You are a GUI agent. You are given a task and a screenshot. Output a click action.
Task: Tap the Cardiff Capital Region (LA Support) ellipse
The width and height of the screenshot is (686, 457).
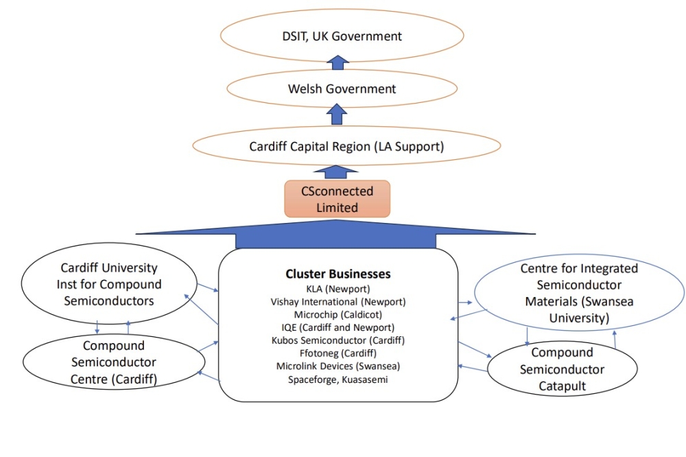[337, 145]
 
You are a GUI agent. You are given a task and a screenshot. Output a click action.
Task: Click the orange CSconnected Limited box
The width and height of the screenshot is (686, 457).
[338, 199]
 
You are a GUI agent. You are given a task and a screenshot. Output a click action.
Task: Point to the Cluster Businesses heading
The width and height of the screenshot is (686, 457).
[338, 274]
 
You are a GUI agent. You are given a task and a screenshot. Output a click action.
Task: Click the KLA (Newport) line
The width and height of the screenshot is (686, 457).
[338, 288]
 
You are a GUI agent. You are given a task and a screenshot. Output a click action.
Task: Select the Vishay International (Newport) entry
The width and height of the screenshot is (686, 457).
[338, 301]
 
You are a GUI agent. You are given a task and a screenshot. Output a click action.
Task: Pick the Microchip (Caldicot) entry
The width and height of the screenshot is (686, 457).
[338, 314]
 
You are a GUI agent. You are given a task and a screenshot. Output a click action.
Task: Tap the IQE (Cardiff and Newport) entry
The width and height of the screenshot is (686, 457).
[338, 327]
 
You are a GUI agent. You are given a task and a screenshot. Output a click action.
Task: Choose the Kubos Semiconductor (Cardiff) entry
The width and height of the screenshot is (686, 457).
[338, 340]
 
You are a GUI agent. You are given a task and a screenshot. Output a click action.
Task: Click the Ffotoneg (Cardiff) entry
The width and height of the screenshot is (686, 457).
[338, 353]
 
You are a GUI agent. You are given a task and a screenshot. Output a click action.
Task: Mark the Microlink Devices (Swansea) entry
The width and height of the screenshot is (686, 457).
[338, 366]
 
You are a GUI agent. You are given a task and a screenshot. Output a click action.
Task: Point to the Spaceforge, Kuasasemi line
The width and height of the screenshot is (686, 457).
[338, 379]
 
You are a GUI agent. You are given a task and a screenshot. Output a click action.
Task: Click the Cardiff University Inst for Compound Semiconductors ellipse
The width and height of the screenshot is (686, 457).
[109, 283]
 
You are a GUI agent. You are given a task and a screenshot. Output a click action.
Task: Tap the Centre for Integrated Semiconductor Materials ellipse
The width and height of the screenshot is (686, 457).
[579, 293]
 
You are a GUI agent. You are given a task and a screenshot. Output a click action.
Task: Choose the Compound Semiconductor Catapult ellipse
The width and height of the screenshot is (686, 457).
[562, 369]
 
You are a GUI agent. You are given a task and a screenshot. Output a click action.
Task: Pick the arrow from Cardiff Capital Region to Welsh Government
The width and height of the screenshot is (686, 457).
[337, 115]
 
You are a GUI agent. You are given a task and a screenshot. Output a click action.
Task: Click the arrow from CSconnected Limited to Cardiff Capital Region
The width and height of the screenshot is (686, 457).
[336, 171]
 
